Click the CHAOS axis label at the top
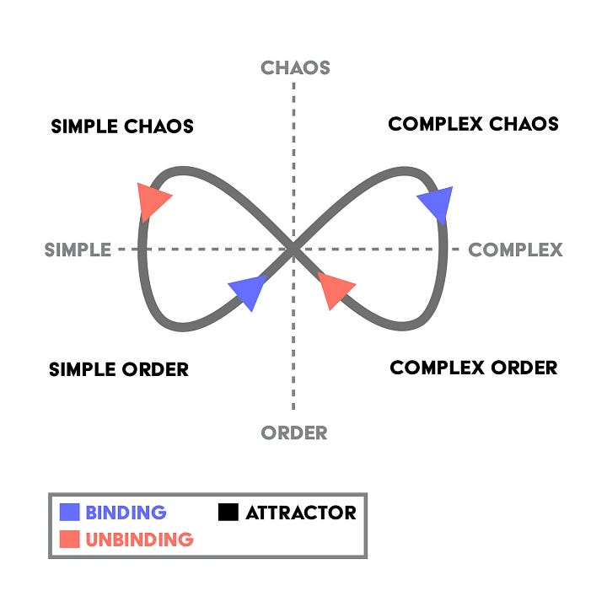click(x=295, y=67)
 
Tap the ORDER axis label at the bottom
click(x=294, y=432)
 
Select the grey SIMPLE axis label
click(x=78, y=250)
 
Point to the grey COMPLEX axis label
click(x=515, y=250)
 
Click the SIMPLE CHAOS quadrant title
click(x=122, y=126)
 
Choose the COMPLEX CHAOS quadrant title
click(x=473, y=124)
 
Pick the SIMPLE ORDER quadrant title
click(x=119, y=369)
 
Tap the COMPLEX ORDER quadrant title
click(x=474, y=368)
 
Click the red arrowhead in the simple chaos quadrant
click(x=153, y=200)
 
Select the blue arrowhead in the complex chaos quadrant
click(x=438, y=203)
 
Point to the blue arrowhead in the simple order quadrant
click(x=249, y=289)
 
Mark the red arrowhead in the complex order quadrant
click(x=334, y=288)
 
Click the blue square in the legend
click(x=70, y=512)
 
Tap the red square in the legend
click(x=70, y=539)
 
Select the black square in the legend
click(x=228, y=512)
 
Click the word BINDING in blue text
click(x=126, y=513)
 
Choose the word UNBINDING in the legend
click(x=139, y=540)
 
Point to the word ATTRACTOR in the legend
click(x=301, y=513)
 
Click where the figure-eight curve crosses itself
click(x=293, y=249)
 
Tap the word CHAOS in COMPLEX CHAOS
click(x=524, y=124)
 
